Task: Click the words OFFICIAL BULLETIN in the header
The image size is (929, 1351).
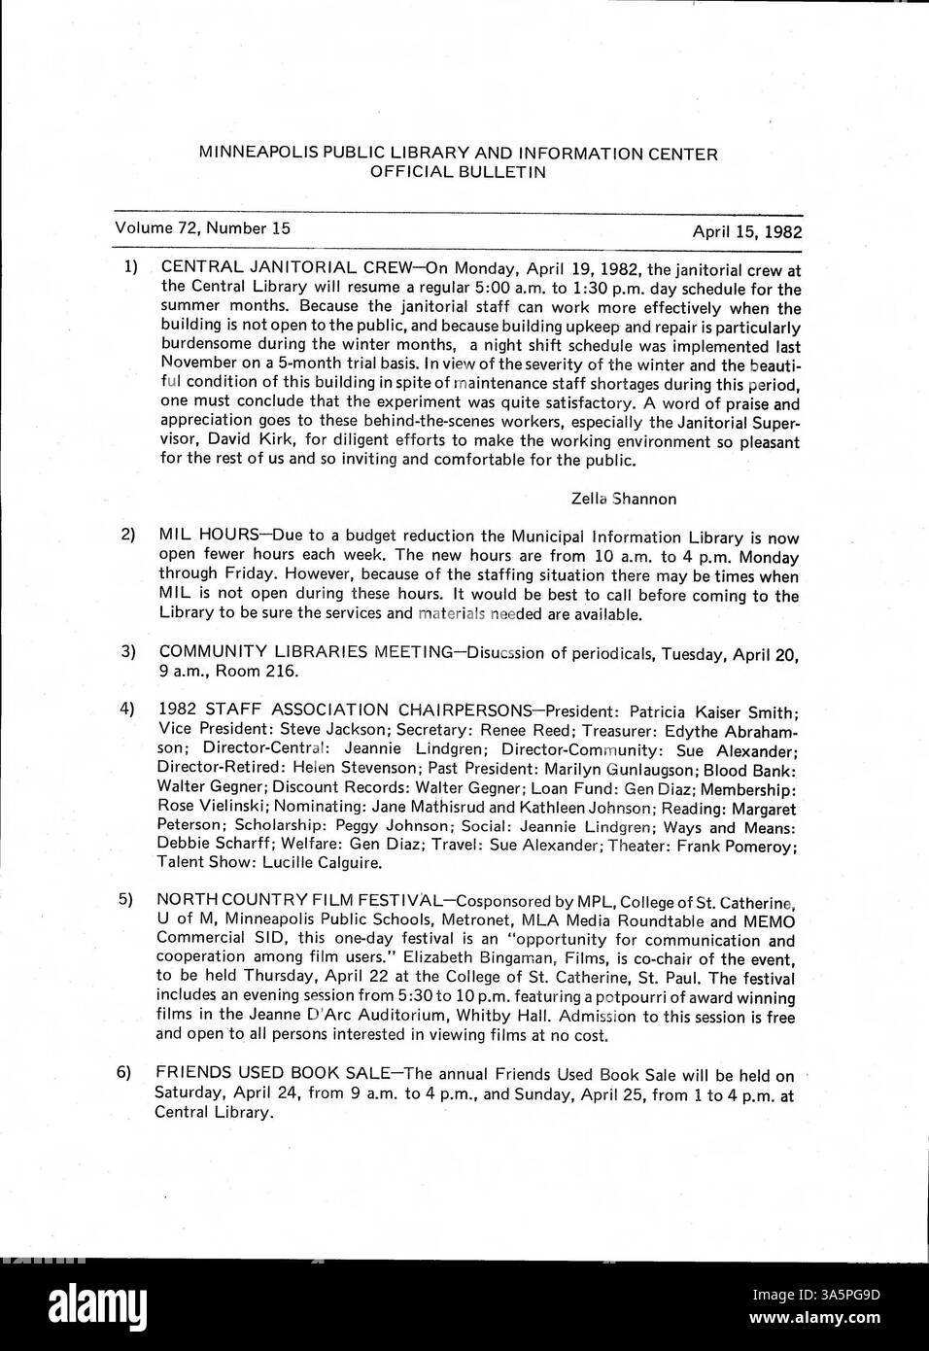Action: [458, 172]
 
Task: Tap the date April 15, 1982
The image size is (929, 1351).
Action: [746, 232]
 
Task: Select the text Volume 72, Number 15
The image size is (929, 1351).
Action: [202, 228]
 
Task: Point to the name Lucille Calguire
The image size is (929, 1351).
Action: [318, 863]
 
